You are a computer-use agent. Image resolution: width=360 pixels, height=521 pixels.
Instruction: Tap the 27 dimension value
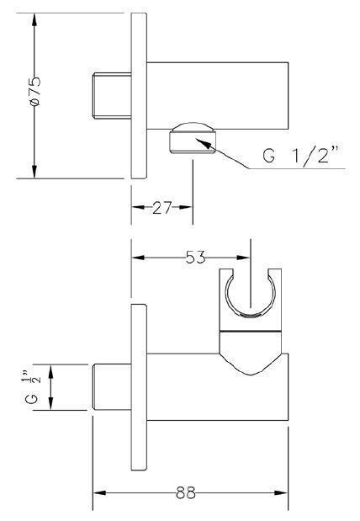point(162,208)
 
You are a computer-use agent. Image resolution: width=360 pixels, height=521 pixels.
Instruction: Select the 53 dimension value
point(196,258)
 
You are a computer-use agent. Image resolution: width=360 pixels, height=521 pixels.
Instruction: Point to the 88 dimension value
point(186,492)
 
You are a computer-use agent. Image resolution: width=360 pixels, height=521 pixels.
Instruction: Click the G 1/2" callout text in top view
point(300,154)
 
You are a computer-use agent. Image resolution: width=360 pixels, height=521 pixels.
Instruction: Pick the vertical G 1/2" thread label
point(33,387)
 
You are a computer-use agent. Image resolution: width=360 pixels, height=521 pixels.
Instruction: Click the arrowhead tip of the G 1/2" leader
point(196,139)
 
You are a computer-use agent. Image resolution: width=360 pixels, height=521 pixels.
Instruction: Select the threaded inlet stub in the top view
point(112,96)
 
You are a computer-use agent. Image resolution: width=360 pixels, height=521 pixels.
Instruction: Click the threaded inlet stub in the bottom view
point(112,387)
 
